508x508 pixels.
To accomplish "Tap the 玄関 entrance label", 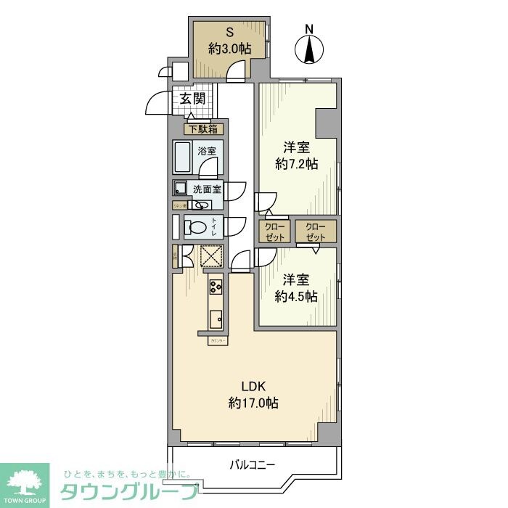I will click(192, 99).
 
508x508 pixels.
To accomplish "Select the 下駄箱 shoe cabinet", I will click(202, 130).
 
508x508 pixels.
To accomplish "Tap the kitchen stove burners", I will click(216, 288).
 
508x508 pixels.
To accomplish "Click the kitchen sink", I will click(216, 319).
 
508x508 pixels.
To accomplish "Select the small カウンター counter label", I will click(218, 340).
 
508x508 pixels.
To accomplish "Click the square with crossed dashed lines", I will click(211, 255).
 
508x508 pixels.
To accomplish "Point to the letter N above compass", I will click(310, 29).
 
